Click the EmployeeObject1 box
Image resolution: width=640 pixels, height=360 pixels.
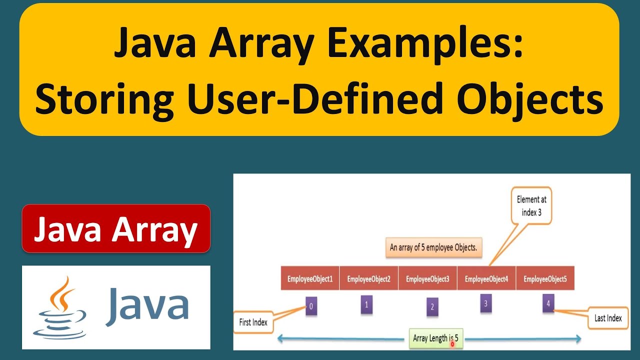pos(310,279)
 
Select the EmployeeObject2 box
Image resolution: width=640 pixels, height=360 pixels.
pos(369,279)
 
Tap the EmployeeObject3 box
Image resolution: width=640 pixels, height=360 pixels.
pos(428,279)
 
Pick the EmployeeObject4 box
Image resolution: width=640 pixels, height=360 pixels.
pos(486,279)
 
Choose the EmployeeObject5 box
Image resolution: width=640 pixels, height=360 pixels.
pos(545,279)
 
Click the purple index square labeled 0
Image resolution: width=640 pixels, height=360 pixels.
pos(311,307)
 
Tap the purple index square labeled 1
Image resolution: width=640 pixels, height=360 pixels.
pos(366,304)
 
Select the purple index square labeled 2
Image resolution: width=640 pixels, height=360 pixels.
pos(432,307)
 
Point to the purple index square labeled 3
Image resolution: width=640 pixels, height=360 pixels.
pos(485,302)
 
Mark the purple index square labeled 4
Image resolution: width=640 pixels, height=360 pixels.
pos(548,303)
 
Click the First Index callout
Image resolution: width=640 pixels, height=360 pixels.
pos(253,322)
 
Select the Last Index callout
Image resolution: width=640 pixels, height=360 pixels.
pos(607,318)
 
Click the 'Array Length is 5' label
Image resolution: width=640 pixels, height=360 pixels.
pos(435,338)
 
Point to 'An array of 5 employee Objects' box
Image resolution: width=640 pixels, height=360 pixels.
pos(433,247)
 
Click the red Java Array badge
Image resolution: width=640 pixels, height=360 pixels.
pos(116,228)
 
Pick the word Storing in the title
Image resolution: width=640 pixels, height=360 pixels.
pos(104,99)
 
